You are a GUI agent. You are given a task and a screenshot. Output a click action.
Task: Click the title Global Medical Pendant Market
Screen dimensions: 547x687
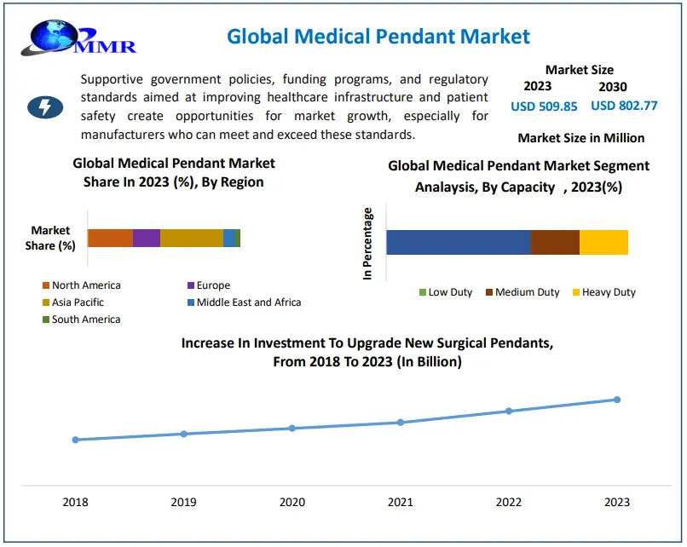[378, 37]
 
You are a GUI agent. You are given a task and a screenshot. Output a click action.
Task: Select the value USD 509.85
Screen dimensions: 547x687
[544, 107]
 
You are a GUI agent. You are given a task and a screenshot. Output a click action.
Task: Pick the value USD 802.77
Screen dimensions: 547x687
[624, 106]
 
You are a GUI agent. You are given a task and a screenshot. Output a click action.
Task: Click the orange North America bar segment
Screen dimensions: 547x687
[110, 239]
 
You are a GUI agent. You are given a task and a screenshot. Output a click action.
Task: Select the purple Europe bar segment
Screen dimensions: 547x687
[147, 239]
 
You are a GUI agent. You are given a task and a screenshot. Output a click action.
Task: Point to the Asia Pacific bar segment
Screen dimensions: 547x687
[192, 239]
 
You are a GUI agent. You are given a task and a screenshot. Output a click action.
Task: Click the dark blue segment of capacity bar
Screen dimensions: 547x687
[459, 242]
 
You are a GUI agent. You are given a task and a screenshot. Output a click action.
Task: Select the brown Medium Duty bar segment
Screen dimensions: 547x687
[555, 242]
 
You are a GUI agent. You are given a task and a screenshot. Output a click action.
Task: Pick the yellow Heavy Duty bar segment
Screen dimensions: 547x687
[603, 242]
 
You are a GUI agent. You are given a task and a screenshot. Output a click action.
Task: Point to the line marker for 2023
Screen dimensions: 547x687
[617, 400]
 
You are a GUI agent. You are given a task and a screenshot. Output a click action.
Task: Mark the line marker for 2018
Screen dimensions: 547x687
[76, 440]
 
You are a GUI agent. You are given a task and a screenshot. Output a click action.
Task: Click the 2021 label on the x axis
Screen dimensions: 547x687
[401, 503]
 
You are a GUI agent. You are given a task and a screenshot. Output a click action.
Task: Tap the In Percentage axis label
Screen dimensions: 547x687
[368, 244]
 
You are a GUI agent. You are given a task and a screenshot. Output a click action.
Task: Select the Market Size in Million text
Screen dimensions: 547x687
[580, 138]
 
